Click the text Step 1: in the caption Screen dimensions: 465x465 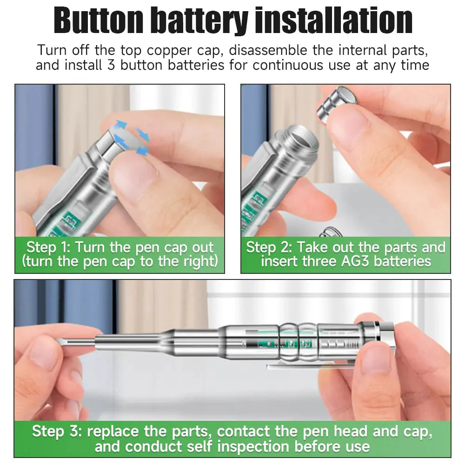click(48, 247)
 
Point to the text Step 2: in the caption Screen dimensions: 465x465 click(269, 247)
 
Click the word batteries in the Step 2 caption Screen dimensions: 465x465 click(403, 261)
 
